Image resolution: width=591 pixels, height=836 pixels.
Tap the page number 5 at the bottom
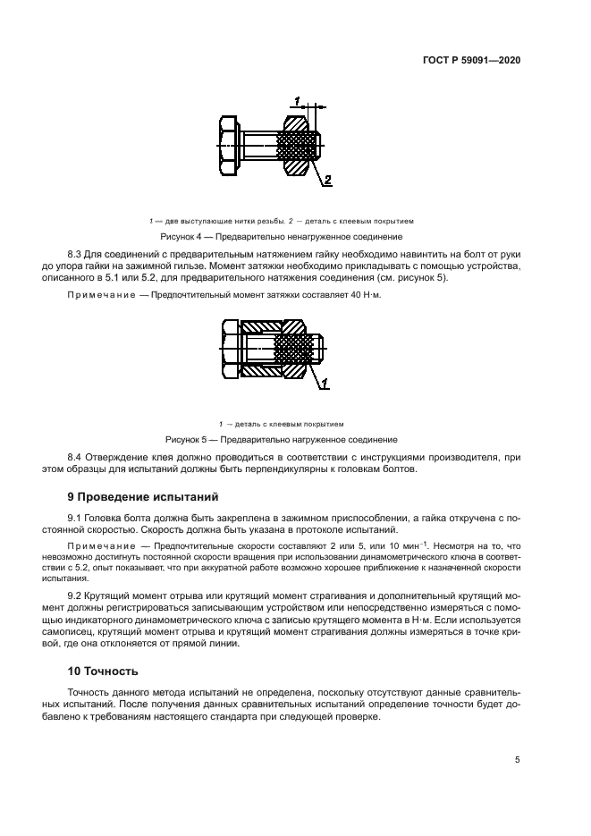518,760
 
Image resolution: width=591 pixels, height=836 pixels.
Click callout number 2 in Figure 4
327,181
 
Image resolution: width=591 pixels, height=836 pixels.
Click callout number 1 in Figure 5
326,384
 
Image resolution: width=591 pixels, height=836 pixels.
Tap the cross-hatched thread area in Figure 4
299,142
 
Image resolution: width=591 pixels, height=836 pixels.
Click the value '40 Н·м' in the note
362,295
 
